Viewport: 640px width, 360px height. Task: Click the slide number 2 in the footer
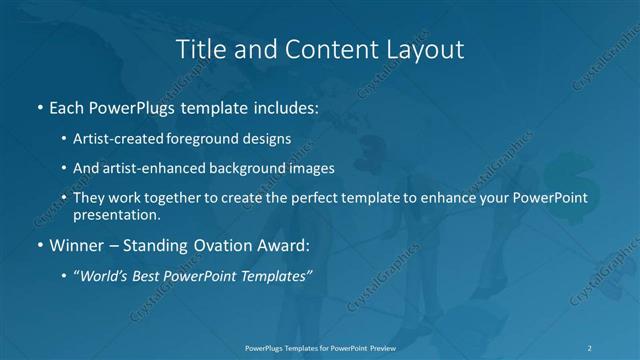591,347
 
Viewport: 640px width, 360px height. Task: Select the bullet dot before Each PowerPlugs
39,107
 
